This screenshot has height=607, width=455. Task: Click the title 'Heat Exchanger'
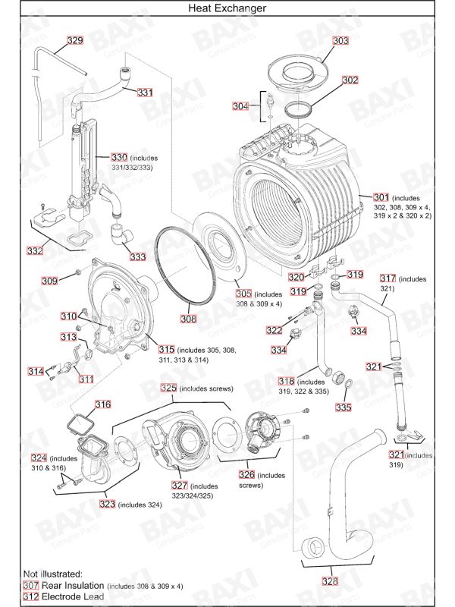coord(227,8)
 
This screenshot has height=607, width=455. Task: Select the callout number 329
coord(75,40)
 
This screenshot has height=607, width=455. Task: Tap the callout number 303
coord(340,40)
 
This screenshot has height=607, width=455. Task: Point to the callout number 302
coord(350,80)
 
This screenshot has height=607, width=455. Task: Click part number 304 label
coord(240,106)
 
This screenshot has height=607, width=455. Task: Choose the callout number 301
coord(381,197)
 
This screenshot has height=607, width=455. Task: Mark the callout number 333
coord(137,257)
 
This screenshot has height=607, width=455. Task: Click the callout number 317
coord(388,278)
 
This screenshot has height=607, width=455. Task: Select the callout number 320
coord(296,277)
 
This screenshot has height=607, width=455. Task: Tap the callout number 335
coord(344,407)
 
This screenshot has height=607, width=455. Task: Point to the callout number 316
coord(102,404)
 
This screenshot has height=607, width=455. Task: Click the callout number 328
coord(330,581)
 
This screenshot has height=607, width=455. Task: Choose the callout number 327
coord(180,486)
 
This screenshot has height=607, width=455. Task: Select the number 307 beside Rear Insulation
coord(30,585)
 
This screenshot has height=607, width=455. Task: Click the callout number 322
coord(274,330)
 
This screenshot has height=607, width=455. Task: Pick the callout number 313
coord(68,336)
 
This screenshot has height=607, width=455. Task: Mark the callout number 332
coord(35,250)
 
